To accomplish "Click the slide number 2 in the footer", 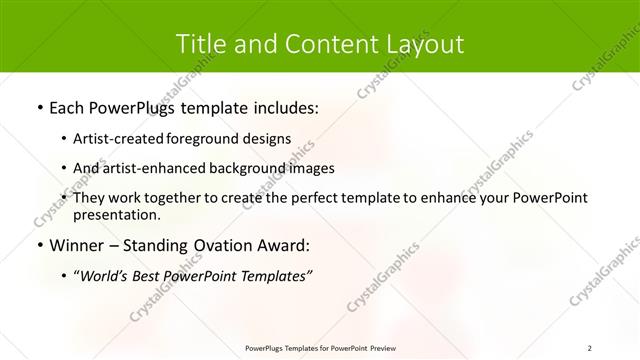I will (590, 347).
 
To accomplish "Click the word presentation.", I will (117, 214).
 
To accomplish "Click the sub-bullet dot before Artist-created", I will (64, 140).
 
